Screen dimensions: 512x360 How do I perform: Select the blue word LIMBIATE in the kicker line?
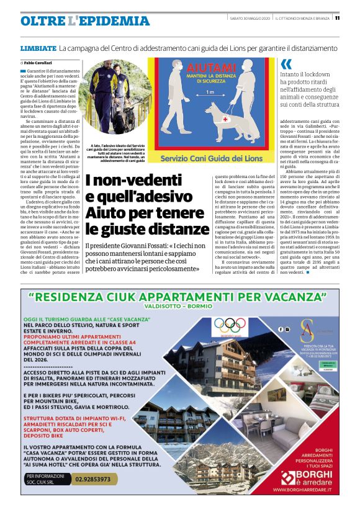38,48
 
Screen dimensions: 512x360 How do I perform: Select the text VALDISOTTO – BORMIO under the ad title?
179,307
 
